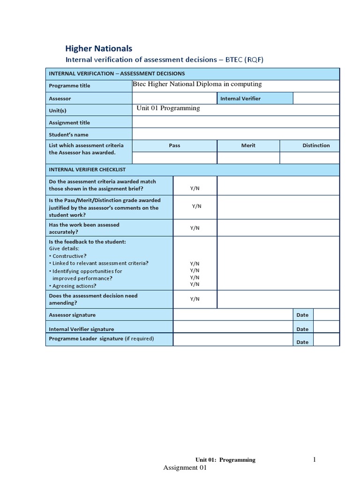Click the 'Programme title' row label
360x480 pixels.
69,86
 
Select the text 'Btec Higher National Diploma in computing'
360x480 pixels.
197,84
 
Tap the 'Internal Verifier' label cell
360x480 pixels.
241,98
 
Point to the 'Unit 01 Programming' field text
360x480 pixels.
168,108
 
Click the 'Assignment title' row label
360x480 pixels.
69,123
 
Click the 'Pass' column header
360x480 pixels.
174,145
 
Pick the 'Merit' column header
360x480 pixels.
248,145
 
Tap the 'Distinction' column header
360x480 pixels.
316,145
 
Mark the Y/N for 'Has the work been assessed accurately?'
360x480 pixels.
195,228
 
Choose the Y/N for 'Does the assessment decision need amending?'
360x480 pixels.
195,299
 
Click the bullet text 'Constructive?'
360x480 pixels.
69,256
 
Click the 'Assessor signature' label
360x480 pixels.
72,315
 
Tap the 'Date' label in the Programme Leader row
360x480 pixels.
302,342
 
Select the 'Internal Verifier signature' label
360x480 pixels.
82,329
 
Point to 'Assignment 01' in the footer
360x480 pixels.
185,468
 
